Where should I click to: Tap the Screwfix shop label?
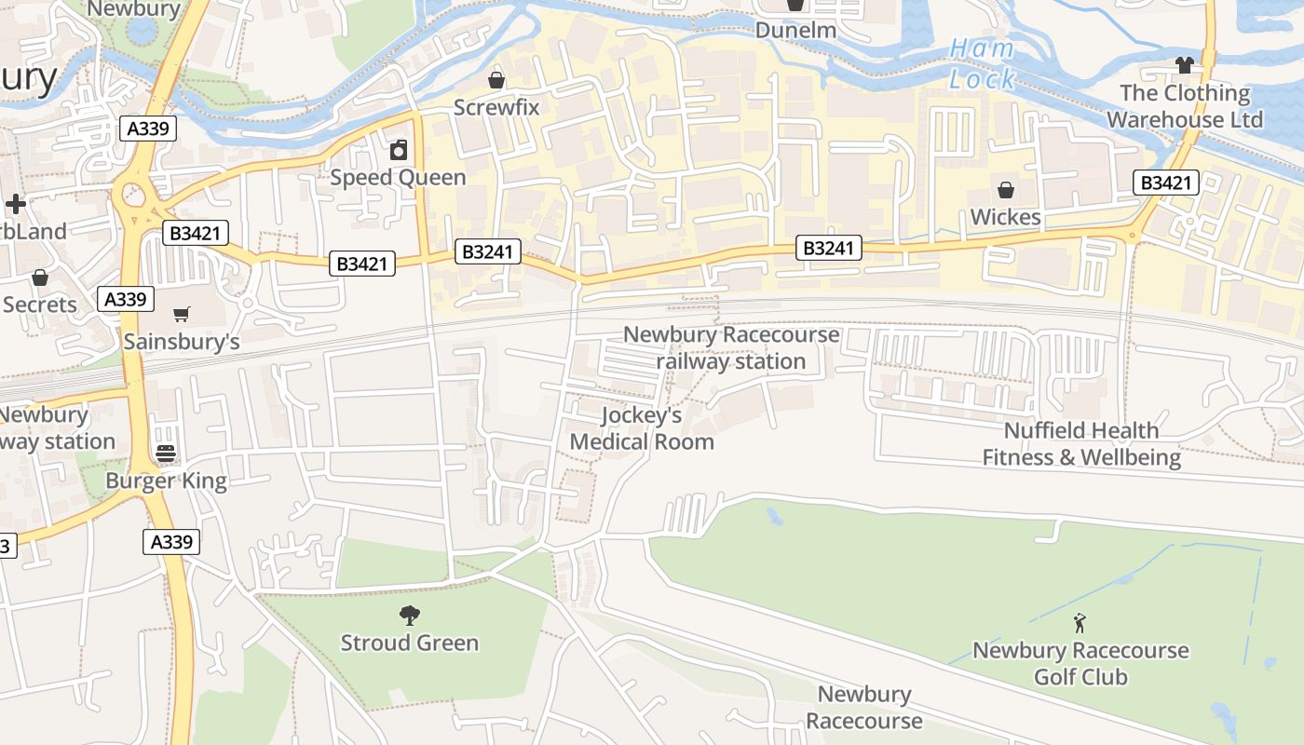(496, 107)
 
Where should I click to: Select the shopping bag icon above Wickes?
(1006, 191)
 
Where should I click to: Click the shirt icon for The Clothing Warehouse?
(1184, 65)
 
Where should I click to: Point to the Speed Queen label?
(398, 177)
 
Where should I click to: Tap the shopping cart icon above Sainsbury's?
(182, 315)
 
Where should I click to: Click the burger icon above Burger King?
(166, 454)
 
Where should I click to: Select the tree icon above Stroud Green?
(409, 615)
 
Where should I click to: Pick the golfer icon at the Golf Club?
(1080, 622)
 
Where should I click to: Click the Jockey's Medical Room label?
(642, 428)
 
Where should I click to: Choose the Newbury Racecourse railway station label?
(731, 347)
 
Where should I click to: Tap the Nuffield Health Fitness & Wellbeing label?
(1081, 444)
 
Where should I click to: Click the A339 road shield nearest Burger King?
(171, 542)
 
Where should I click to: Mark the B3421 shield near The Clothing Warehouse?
(1165, 183)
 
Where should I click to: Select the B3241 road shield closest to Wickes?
(829, 248)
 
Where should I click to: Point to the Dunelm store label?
(795, 30)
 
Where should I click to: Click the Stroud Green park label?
(409, 643)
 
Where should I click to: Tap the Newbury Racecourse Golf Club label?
(1080, 663)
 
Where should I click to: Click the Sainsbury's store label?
(182, 342)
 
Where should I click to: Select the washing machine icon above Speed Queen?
(399, 150)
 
